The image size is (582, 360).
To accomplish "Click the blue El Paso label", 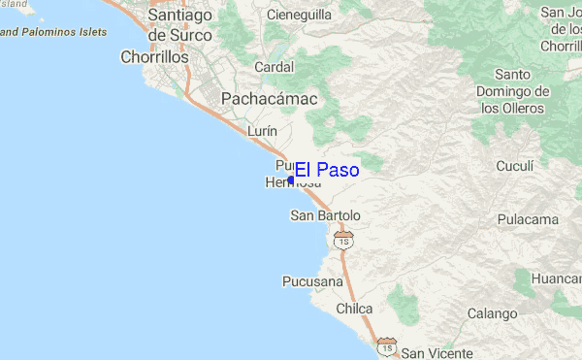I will point(327,171).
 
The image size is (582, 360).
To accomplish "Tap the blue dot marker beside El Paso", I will point(291,180).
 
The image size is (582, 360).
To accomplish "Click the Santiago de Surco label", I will point(181,25).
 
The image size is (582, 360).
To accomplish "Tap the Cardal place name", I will point(274,67).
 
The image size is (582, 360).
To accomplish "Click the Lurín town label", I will point(263,130).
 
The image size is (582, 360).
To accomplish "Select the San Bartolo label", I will point(326,215).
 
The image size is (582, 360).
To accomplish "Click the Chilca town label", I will point(354,309).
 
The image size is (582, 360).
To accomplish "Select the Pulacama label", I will point(528,220).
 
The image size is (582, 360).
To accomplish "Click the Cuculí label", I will point(516,166).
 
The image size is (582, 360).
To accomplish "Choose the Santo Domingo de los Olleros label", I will point(513,91).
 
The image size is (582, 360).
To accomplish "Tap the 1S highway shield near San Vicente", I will point(387,345).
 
